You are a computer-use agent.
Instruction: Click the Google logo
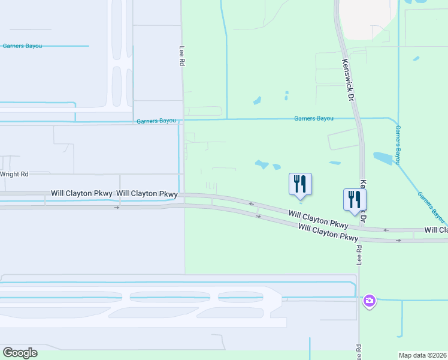click(20, 353)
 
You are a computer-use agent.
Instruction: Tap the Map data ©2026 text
click(423, 355)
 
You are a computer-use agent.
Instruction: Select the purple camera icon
click(370, 300)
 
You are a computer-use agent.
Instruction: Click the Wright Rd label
click(14, 174)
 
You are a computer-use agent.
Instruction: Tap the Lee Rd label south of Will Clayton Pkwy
click(359, 255)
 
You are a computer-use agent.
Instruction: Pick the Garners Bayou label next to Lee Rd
click(156, 121)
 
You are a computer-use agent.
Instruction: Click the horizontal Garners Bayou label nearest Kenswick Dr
click(314, 119)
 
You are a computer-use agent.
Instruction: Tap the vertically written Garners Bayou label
click(398, 145)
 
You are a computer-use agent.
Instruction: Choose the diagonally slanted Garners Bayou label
click(432, 207)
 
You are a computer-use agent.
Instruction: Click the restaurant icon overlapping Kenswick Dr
click(355, 199)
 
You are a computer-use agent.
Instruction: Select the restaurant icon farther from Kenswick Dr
click(300, 184)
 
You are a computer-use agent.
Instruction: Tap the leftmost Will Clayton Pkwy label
click(82, 193)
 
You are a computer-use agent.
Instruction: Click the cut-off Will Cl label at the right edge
click(436, 230)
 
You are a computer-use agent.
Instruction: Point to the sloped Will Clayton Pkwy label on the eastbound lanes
click(327, 232)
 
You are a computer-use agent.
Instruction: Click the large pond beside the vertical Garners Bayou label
click(382, 158)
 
